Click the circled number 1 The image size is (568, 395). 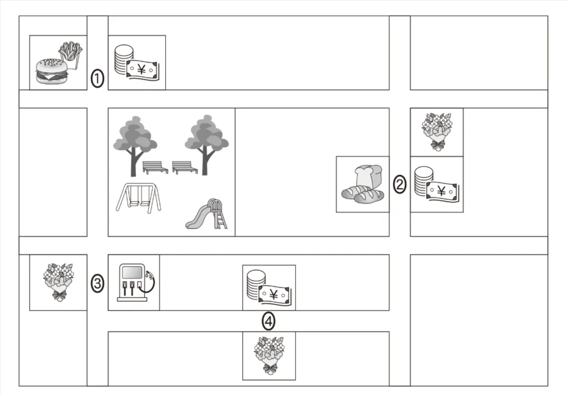coord(97,78)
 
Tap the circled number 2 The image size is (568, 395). coord(400,185)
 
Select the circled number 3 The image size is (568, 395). coord(98,283)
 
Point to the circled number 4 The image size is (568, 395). coord(269,321)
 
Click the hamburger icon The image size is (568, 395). coord(52,71)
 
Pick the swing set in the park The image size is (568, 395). coord(139,198)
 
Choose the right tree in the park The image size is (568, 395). coord(206,145)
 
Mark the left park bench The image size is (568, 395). coord(155,167)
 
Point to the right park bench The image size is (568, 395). coord(185,167)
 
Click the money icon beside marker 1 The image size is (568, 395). coord(137,62)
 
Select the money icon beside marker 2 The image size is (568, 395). coord(437,185)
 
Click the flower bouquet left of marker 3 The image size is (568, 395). coord(58,282)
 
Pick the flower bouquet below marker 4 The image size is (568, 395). coord(269,355)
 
